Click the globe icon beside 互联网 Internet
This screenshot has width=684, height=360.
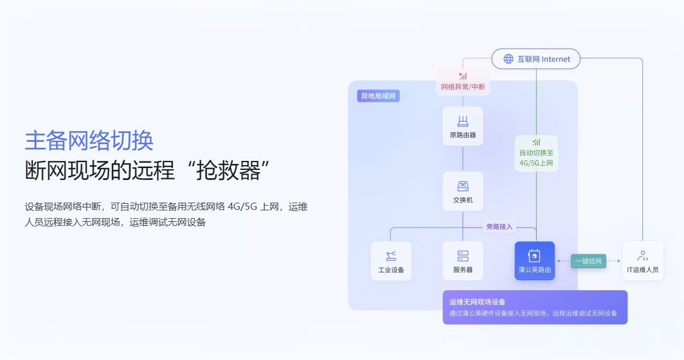click(x=508, y=59)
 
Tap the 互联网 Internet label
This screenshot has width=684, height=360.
click(x=543, y=59)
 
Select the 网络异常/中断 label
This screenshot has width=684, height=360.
click(x=463, y=87)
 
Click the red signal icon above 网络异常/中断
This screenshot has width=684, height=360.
click(x=463, y=76)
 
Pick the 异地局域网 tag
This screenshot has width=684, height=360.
click(x=378, y=96)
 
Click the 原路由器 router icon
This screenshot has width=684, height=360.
click(x=463, y=121)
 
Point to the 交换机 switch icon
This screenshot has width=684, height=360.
click(x=463, y=186)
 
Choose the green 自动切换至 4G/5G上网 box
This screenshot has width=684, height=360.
click(x=536, y=153)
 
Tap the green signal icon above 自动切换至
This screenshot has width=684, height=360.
click(x=536, y=142)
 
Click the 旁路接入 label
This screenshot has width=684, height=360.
click(x=499, y=226)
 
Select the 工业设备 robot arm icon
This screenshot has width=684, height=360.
click(x=391, y=256)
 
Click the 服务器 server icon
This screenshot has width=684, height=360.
click(x=463, y=256)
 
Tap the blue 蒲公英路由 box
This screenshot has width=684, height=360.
click(x=535, y=260)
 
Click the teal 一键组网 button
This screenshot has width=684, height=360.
click(x=588, y=261)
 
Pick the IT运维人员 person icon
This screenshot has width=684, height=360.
click(x=642, y=256)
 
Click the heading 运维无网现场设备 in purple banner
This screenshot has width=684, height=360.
click(x=477, y=302)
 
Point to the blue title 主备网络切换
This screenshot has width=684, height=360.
click(x=89, y=141)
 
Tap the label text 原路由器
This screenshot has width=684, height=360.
click(x=463, y=135)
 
